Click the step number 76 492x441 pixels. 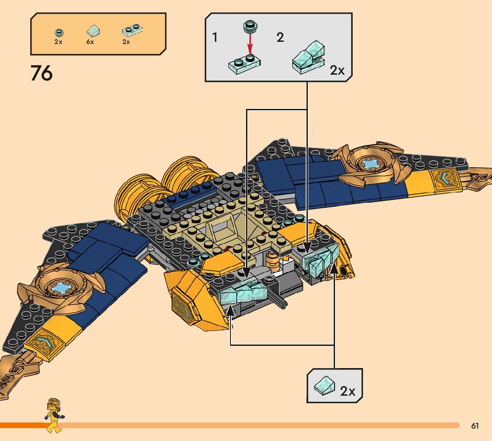coord(41,73)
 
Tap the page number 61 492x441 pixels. coord(475,426)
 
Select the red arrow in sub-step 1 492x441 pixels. coord(250,44)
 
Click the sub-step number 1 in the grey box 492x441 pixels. coord(215,37)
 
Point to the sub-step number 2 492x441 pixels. coord(280,37)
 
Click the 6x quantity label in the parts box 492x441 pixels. coord(90,42)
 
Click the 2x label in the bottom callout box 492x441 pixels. coord(347,391)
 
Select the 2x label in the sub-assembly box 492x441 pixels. coord(337,70)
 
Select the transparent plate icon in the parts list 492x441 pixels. coord(132,30)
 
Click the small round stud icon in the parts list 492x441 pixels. coord(58,32)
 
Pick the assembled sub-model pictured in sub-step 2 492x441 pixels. coord(308,58)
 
